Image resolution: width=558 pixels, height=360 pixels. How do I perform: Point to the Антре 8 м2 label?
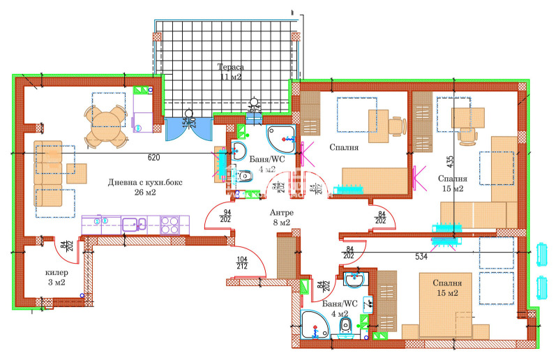281,218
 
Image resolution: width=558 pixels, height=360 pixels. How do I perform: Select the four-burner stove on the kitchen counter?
171,225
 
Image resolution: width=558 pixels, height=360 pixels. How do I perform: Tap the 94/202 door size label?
226,216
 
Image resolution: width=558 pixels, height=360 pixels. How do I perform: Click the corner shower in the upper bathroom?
281,137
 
